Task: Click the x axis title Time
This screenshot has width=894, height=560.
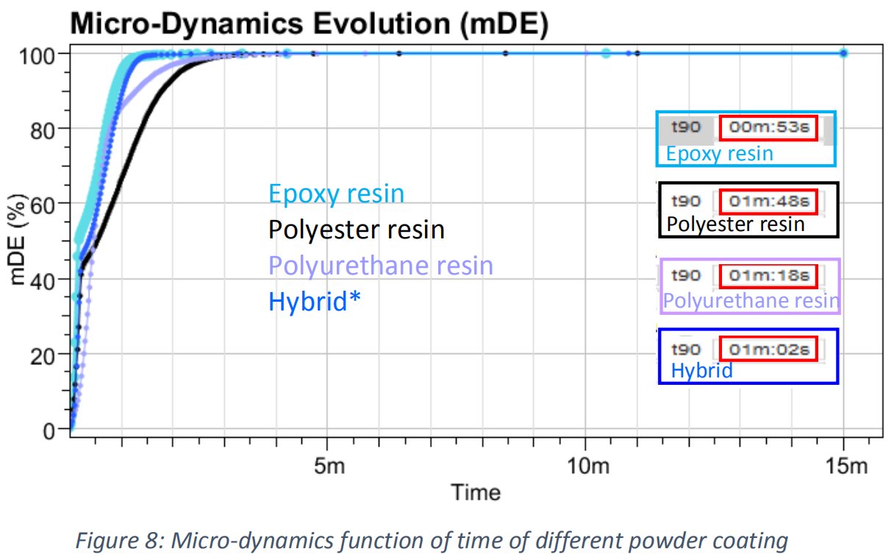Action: [x=475, y=492]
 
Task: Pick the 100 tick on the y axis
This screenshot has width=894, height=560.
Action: [x=46, y=54]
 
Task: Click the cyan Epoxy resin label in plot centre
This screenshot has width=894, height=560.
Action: [x=336, y=194]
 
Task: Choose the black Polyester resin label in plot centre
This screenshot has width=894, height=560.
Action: [x=357, y=230]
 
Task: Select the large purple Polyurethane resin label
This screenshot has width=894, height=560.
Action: [x=380, y=266]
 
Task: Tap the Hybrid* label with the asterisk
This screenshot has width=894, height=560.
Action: [x=315, y=302]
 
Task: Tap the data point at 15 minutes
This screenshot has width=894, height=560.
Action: [x=843, y=53]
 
